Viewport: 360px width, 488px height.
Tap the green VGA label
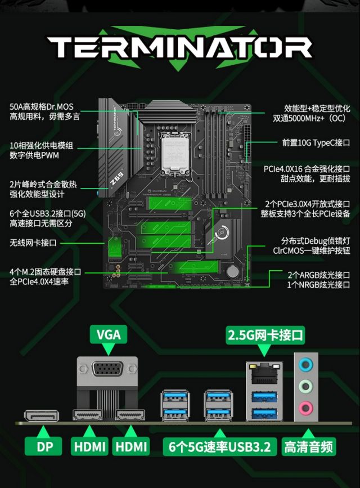[108, 334]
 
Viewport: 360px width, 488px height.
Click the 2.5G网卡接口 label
[265, 336]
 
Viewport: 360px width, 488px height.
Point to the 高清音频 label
[309, 447]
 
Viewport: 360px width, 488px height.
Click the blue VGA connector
[109, 373]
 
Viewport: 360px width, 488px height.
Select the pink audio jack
[307, 407]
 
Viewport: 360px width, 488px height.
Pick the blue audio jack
[307, 364]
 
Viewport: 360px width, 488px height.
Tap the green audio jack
[307, 386]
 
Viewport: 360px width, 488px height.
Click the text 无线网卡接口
[33, 243]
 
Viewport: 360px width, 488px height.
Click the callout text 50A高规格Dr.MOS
[41, 106]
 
